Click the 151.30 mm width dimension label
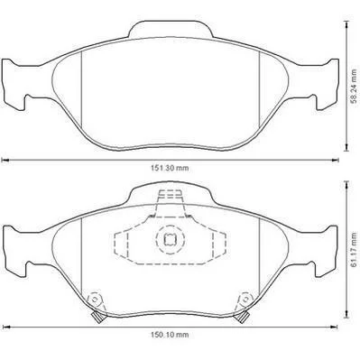click(170, 168)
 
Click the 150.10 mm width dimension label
click(170, 335)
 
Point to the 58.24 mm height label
click(355, 87)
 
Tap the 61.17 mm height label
click(355, 249)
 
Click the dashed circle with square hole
click(170, 239)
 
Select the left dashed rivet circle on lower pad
click(95, 300)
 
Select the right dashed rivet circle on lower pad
click(245, 300)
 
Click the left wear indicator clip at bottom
click(97, 317)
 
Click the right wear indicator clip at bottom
click(242, 317)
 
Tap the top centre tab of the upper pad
click(171, 30)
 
